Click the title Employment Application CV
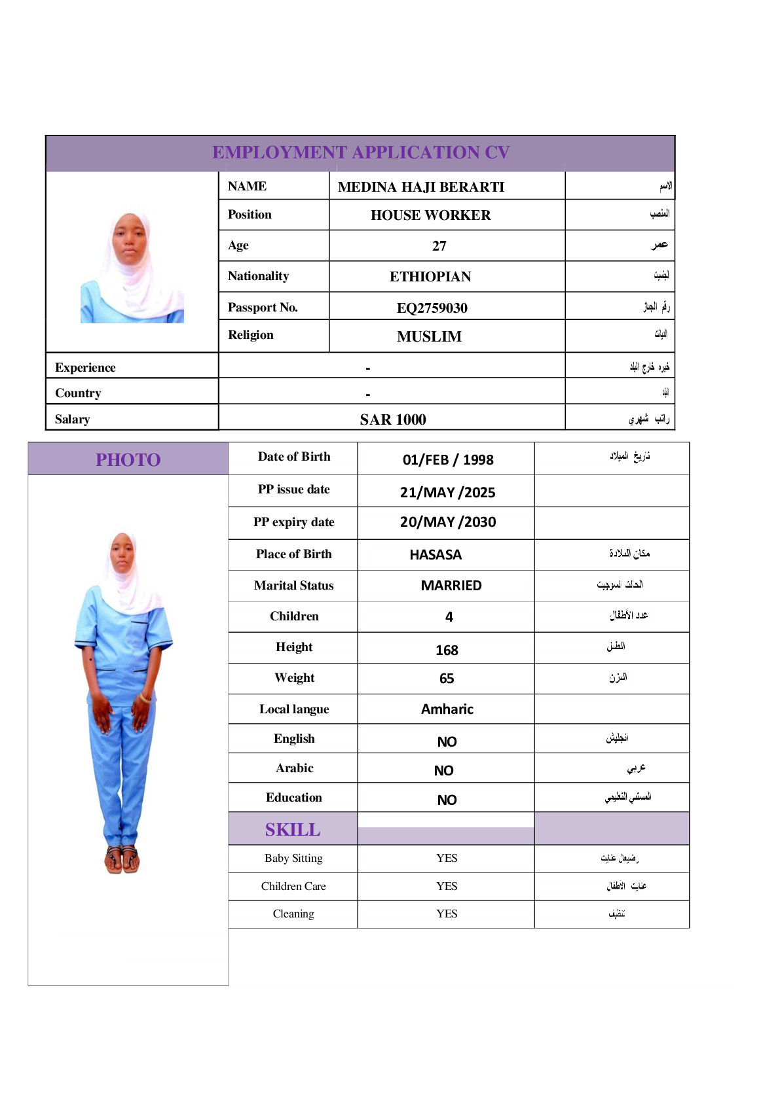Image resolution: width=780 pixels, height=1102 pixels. (x=360, y=152)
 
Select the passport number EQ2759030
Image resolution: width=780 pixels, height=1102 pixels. (x=432, y=308)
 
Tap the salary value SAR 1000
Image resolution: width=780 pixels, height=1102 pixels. (x=392, y=419)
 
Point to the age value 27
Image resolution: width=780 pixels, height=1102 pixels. (x=439, y=246)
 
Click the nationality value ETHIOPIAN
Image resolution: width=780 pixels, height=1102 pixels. (x=430, y=277)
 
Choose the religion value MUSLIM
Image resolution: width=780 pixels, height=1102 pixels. (x=429, y=336)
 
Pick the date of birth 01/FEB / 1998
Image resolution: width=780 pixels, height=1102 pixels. (x=447, y=459)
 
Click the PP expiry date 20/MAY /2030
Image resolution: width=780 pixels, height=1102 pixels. (x=447, y=522)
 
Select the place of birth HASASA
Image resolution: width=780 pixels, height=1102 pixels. (x=436, y=555)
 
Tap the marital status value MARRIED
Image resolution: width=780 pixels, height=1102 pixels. (x=451, y=586)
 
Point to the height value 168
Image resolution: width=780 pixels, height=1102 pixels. (x=447, y=650)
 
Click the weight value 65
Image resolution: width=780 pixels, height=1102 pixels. (x=447, y=679)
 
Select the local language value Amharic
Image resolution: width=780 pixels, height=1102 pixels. (x=447, y=709)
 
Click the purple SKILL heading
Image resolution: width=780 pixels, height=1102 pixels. (x=293, y=830)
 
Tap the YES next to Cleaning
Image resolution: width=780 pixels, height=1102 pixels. (x=447, y=914)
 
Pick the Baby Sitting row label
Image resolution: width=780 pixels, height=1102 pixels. (x=293, y=858)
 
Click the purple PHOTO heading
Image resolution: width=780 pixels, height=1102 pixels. (x=128, y=459)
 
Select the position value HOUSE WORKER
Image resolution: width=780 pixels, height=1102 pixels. (x=430, y=215)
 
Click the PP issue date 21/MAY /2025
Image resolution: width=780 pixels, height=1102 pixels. (x=447, y=492)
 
